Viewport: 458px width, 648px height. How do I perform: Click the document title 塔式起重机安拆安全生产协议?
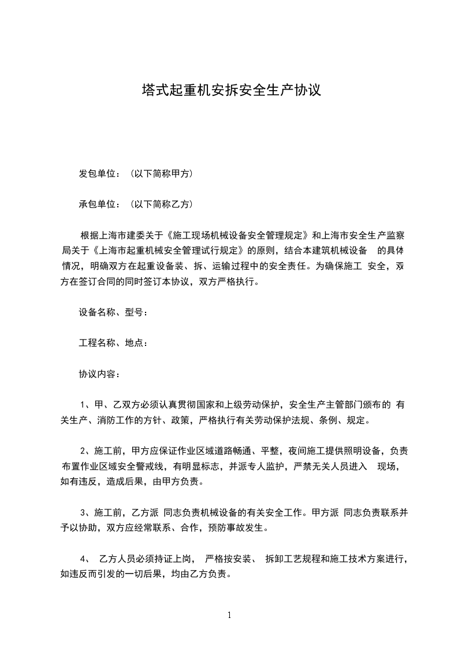(231, 90)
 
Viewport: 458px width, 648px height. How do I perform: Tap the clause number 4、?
(85, 559)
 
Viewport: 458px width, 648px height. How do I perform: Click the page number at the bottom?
(229, 615)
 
